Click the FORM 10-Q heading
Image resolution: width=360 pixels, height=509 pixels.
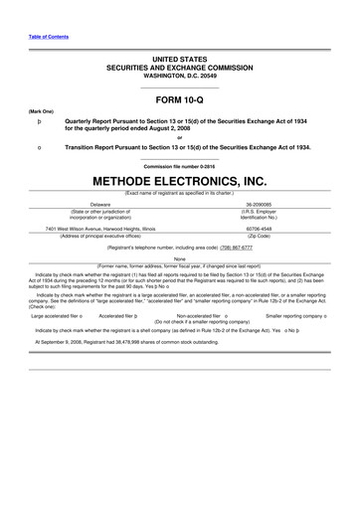[x=180, y=100]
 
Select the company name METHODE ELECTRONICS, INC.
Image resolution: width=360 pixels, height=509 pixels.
[x=180, y=182]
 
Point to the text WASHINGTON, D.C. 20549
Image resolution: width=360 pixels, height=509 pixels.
[x=180, y=76]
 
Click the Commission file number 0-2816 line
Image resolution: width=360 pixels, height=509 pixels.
[x=180, y=165]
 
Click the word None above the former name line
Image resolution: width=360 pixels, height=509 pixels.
[x=180, y=258]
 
